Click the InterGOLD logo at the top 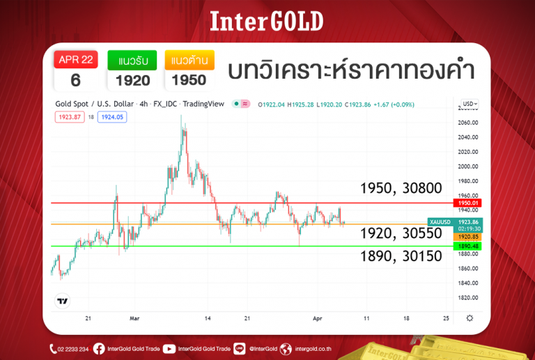[x=267, y=22]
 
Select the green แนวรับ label [x=132, y=60]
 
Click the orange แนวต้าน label [x=189, y=60]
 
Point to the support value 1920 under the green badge [x=132, y=80]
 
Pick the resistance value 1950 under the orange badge [x=189, y=80]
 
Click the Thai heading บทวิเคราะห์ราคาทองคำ [x=351, y=70]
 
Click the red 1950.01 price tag [x=468, y=203]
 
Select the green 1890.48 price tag [x=468, y=246]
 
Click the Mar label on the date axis [x=135, y=318]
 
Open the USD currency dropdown [x=470, y=104]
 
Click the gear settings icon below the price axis [x=470, y=318]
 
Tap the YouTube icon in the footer [x=169, y=349]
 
